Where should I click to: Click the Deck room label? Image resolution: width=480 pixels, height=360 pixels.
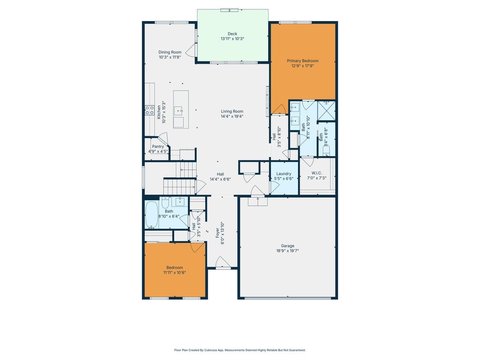tap(232, 34)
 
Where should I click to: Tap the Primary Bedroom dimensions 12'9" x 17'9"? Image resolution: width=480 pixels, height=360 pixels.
tap(303, 66)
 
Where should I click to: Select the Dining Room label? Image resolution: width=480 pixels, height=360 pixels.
tap(170, 52)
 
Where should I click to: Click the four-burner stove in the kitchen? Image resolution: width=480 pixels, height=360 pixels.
tap(150, 110)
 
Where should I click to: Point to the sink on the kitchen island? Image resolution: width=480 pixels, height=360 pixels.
tap(179, 110)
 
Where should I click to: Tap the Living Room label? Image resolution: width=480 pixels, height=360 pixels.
tap(232, 111)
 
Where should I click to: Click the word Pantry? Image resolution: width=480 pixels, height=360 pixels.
tap(158, 147)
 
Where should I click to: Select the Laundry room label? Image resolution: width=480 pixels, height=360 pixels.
tap(283, 174)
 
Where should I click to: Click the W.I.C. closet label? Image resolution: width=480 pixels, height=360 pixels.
tap(316, 173)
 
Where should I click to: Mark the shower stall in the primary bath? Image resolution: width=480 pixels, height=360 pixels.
tap(326, 109)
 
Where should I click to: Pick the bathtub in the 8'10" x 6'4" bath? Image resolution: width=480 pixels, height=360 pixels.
tap(152, 215)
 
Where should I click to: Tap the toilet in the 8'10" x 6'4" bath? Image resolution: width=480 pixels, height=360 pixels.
tap(165, 203)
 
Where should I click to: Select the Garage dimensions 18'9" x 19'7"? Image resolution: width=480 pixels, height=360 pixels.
tap(288, 251)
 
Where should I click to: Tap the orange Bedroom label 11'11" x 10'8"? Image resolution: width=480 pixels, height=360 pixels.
tap(175, 267)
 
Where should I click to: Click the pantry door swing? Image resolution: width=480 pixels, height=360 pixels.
tap(163, 137)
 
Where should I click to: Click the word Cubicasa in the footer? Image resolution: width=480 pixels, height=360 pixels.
tap(211, 350)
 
